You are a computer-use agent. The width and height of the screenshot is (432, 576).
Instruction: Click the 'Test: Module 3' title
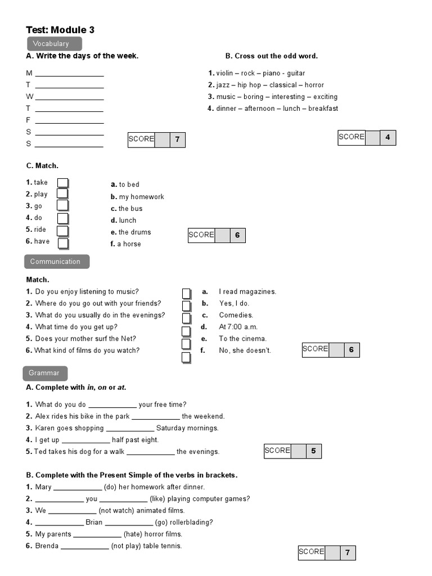click(x=60, y=30)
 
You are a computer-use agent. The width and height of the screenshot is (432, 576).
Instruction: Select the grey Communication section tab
click(x=56, y=262)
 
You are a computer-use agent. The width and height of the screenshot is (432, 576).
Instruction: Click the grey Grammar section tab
click(x=44, y=373)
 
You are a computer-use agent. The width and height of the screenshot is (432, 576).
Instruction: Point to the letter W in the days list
click(x=30, y=97)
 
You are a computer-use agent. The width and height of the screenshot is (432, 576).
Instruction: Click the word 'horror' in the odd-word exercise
click(x=314, y=85)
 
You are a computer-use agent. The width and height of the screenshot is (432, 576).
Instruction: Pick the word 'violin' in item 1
click(x=224, y=73)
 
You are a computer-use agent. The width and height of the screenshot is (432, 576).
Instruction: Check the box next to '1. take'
click(x=63, y=183)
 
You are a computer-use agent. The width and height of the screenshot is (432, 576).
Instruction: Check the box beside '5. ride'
click(x=63, y=231)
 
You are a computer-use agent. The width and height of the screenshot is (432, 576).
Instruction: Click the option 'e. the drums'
click(x=131, y=232)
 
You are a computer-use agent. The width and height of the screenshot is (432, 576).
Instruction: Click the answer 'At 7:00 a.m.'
click(x=238, y=327)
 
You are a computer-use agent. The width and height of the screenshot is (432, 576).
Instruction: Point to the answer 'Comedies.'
click(x=236, y=315)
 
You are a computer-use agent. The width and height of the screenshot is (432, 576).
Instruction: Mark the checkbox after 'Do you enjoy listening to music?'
click(x=186, y=293)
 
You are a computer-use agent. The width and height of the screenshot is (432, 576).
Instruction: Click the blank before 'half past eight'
click(x=85, y=440)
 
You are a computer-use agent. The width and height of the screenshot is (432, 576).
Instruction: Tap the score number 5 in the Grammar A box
click(x=313, y=451)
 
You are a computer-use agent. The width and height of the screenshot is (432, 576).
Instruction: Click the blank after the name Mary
click(x=78, y=488)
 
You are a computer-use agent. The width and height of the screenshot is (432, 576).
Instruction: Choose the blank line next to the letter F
click(x=69, y=121)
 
